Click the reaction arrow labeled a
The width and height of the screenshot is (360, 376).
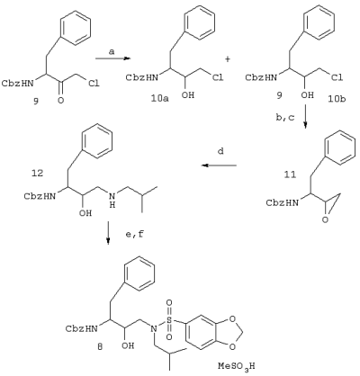click(x=113, y=58)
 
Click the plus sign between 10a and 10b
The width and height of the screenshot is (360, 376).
click(x=228, y=59)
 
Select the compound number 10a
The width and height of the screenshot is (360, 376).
click(x=160, y=98)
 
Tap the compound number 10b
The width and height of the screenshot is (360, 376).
click(x=337, y=98)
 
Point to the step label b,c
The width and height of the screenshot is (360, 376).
click(x=285, y=118)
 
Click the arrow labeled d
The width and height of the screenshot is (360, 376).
click(x=219, y=166)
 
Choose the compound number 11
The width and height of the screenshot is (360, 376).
click(x=290, y=175)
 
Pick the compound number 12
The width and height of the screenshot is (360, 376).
click(x=37, y=173)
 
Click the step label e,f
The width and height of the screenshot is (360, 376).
click(x=135, y=234)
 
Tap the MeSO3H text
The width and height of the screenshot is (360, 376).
click(x=237, y=366)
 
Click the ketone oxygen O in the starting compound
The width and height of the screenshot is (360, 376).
click(x=60, y=101)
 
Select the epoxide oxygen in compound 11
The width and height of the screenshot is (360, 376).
click(x=325, y=220)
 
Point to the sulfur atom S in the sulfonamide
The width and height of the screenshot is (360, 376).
click(x=169, y=320)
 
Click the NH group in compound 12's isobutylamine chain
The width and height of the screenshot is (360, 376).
click(x=112, y=201)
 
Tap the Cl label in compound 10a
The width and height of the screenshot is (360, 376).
click(x=218, y=77)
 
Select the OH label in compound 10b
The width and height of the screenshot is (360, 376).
click(x=307, y=95)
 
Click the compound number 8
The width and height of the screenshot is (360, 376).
click(x=100, y=347)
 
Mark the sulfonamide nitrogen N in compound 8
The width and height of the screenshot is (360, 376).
click(x=154, y=328)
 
